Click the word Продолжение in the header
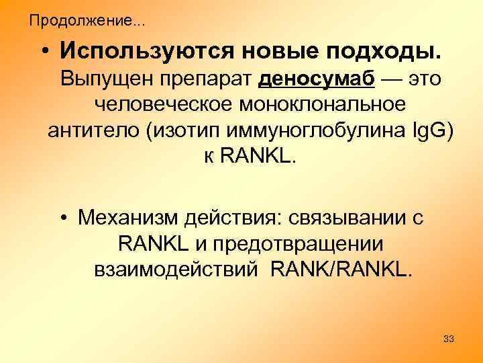pyautogui.click(x=79, y=21)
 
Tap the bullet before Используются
pyautogui.click(x=44, y=52)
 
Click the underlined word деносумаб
pyautogui.click(x=316, y=79)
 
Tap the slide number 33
pyautogui.click(x=449, y=339)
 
